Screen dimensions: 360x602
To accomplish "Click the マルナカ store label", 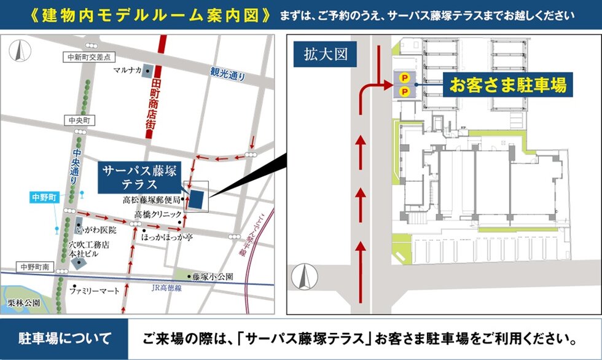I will click(128, 70).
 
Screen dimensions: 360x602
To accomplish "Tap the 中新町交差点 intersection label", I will click(88, 57).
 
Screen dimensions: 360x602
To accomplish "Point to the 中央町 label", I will click(79, 119).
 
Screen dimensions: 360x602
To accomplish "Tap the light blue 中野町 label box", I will click(44, 197).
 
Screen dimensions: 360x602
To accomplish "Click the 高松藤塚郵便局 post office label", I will click(151, 200).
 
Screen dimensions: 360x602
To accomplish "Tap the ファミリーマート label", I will click(94, 291).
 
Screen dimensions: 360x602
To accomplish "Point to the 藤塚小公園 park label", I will click(212, 277).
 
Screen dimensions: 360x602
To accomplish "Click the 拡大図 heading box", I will click(325, 54).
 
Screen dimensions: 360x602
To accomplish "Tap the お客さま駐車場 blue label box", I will click(508, 85).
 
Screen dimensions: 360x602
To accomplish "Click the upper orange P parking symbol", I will click(404, 77).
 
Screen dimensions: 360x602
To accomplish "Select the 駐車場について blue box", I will click(64, 338).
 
